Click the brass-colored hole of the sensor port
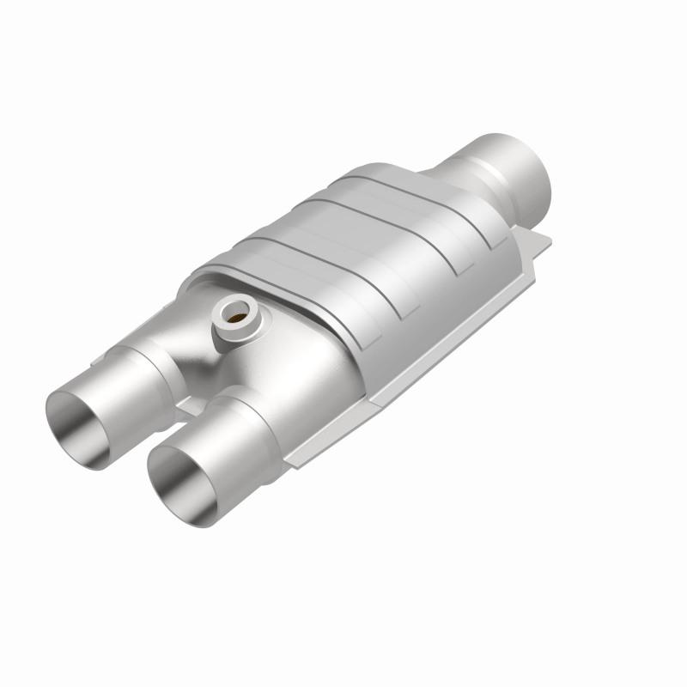pyautogui.click(x=233, y=315)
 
